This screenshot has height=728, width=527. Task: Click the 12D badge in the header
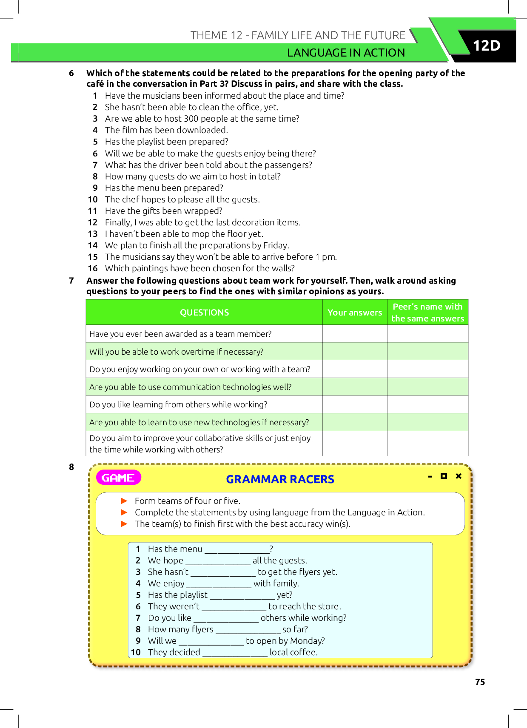click(x=487, y=45)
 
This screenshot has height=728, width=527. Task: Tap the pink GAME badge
click(x=118, y=478)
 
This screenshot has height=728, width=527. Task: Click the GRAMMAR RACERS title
click(x=280, y=479)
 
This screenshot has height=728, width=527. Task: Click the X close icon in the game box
click(x=459, y=476)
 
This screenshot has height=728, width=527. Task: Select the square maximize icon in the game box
click(x=444, y=476)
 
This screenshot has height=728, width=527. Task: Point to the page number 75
click(x=480, y=682)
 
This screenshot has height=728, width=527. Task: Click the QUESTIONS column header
click(x=204, y=313)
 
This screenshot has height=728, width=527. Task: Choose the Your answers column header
click(x=355, y=313)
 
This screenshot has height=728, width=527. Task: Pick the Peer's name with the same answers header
click(x=427, y=313)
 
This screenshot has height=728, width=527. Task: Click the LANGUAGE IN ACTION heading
click(x=346, y=53)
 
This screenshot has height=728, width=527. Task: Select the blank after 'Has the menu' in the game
click(x=237, y=549)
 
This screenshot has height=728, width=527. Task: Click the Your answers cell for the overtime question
click(x=355, y=352)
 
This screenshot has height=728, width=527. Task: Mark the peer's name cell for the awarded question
click(x=427, y=334)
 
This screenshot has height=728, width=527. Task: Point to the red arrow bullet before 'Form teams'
click(x=124, y=501)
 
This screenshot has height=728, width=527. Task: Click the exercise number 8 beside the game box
click(x=71, y=467)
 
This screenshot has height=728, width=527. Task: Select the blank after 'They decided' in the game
click(x=235, y=653)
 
